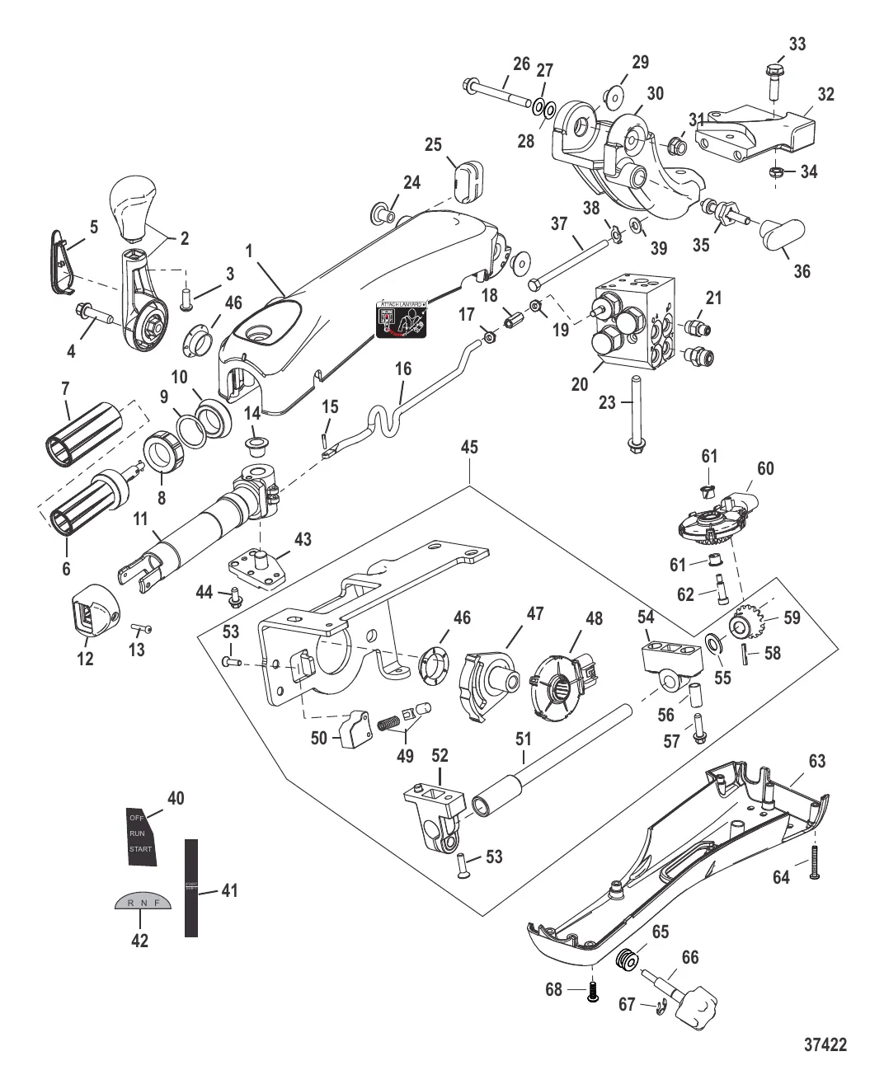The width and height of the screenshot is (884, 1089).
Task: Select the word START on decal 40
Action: click(x=140, y=849)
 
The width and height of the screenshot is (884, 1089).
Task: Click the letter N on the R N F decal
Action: click(x=142, y=903)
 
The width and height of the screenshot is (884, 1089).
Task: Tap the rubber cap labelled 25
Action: click(x=468, y=180)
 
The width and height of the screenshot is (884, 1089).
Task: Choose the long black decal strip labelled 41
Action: click(x=191, y=888)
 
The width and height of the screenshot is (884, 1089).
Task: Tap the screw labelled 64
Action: click(x=814, y=862)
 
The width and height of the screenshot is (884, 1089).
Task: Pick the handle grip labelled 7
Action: click(x=82, y=428)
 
